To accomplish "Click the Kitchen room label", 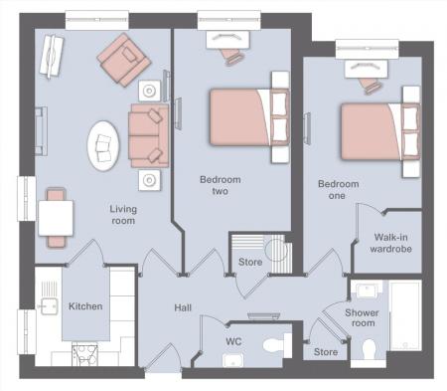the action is point(85,306).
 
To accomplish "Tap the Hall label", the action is point(183,307).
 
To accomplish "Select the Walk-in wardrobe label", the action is point(390,243).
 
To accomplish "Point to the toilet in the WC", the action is point(274,345).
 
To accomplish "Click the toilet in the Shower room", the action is point(369,349).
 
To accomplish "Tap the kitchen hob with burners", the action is point(84,355).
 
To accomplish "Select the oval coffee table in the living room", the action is point(103,146).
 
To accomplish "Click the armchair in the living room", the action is point(124,60).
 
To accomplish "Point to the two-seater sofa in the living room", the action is point(149,135).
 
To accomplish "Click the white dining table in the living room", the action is point(56,218).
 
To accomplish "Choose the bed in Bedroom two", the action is point(249,117).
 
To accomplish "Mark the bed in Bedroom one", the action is point(380,131).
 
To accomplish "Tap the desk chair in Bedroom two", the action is point(234,56).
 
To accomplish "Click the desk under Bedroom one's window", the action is point(366,70).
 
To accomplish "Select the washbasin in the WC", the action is point(233,360).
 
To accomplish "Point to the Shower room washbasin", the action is point(368,291).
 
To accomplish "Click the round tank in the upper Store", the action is point(277,250).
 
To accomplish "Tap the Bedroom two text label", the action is point(220,185).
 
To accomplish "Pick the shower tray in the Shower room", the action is point(405,315).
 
